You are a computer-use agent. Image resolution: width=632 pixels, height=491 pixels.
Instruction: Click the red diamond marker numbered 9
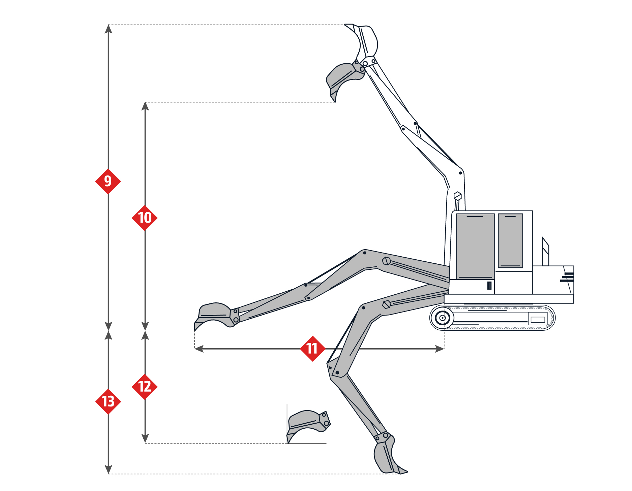coord(108,181)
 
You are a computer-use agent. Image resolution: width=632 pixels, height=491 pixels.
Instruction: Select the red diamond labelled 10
coord(145,218)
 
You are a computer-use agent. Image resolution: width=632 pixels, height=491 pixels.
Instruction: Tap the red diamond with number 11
coord(312,349)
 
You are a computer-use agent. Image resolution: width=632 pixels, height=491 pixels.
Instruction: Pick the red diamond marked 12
coord(145,387)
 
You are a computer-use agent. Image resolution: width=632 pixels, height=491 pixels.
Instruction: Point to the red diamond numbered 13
coord(108,401)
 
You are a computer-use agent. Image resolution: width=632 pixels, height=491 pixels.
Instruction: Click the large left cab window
coord(475,246)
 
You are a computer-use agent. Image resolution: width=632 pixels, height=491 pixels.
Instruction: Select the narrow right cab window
coord(510,240)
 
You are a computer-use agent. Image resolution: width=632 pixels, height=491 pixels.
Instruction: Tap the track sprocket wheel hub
coord(442,318)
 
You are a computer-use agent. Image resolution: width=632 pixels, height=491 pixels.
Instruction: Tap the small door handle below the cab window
coord(489,286)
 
